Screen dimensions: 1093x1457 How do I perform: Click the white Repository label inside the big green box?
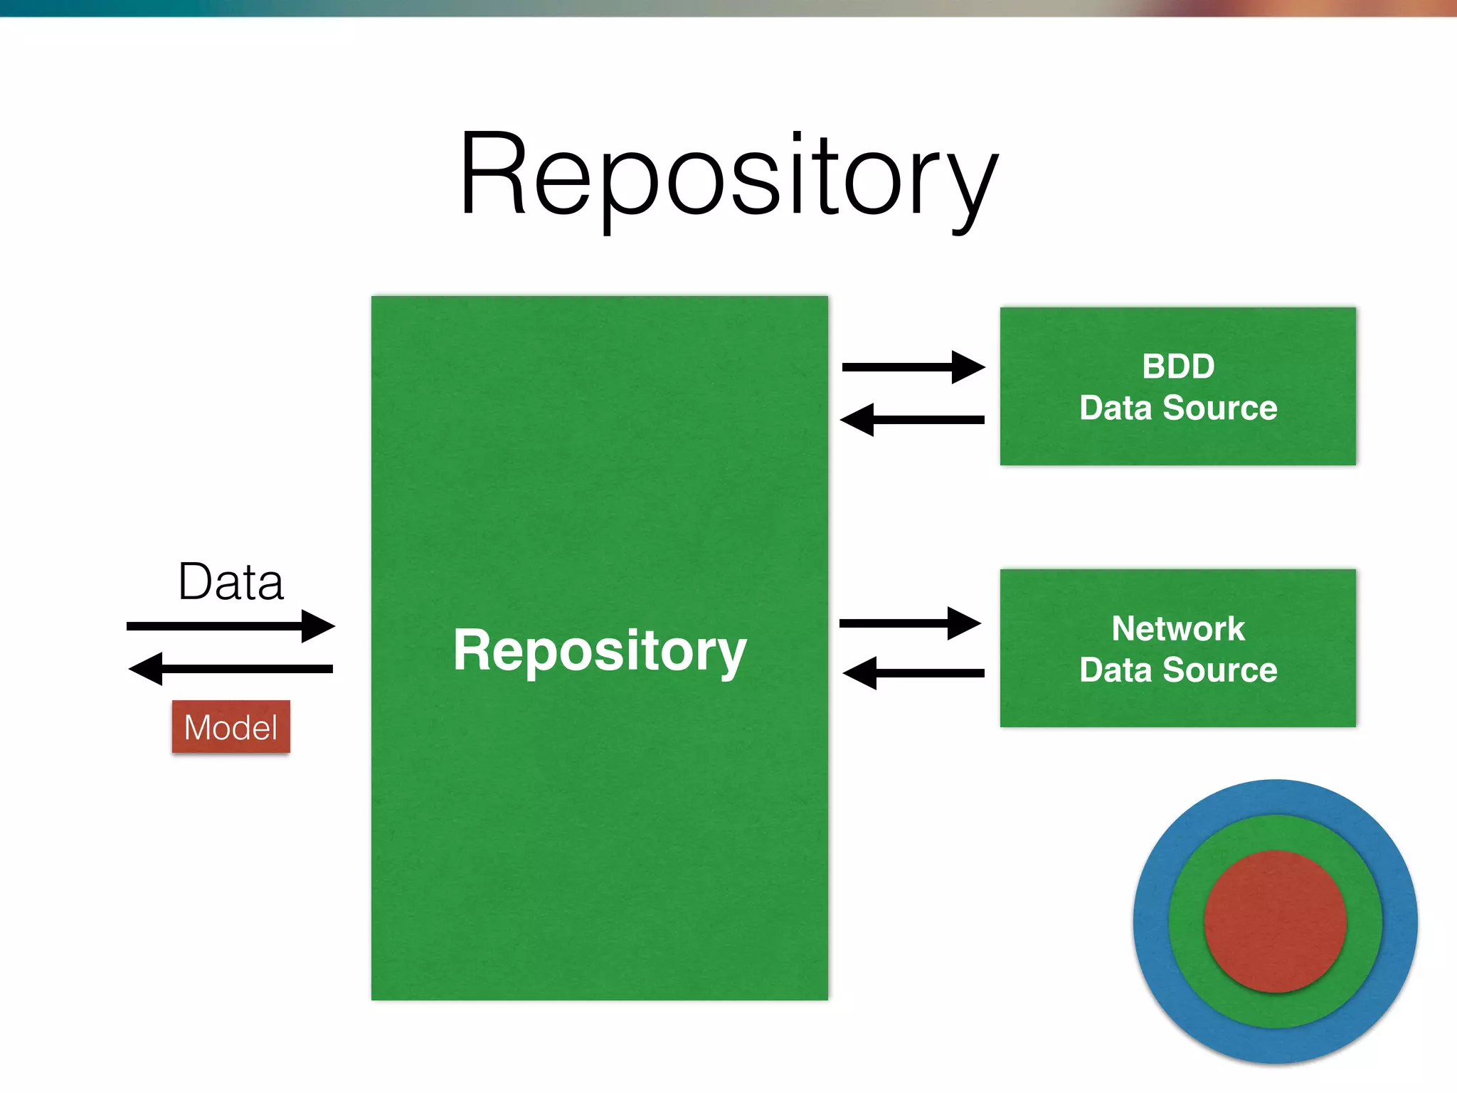(x=600, y=650)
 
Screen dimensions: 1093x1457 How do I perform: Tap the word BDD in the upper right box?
(x=1178, y=366)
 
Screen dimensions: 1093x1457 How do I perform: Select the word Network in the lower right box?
(x=1178, y=629)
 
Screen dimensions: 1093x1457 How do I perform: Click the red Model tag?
(x=231, y=727)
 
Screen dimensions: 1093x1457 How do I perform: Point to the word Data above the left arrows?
(x=231, y=582)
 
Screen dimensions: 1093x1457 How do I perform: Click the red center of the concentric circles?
(x=1275, y=922)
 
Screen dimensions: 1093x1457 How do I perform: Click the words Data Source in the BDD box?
(x=1178, y=408)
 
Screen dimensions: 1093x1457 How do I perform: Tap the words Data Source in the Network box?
(x=1178, y=670)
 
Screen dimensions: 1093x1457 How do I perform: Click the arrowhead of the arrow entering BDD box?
(x=968, y=367)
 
